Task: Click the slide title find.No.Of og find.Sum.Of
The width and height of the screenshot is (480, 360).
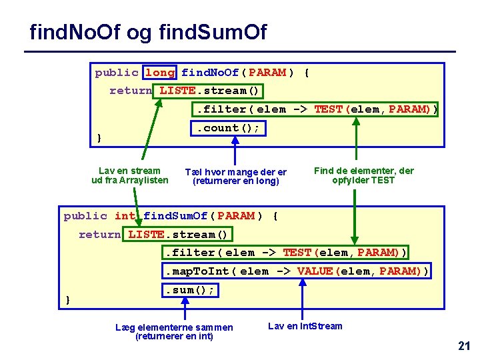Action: point(148,31)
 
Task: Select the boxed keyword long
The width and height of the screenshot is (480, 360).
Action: point(160,72)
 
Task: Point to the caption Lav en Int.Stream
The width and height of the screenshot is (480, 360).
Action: point(305,326)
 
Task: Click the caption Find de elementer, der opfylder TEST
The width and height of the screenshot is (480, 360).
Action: point(363,175)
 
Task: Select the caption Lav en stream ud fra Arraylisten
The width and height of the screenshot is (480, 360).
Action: point(129,175)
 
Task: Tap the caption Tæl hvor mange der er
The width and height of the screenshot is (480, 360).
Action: point(235,172)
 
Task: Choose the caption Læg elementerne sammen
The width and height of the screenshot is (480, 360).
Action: point(174,327)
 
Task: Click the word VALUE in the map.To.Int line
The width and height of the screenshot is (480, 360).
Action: point(315,271)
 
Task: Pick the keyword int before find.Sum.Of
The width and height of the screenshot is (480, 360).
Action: point(125,215)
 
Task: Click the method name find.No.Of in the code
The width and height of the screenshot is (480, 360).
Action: point(211,72)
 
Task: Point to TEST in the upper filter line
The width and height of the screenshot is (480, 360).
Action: point(328,109)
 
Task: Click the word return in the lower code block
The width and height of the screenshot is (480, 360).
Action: point(100,234)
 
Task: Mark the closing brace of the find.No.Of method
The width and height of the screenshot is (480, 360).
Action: point(99,138)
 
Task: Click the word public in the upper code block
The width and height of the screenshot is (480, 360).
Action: point(117,72)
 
